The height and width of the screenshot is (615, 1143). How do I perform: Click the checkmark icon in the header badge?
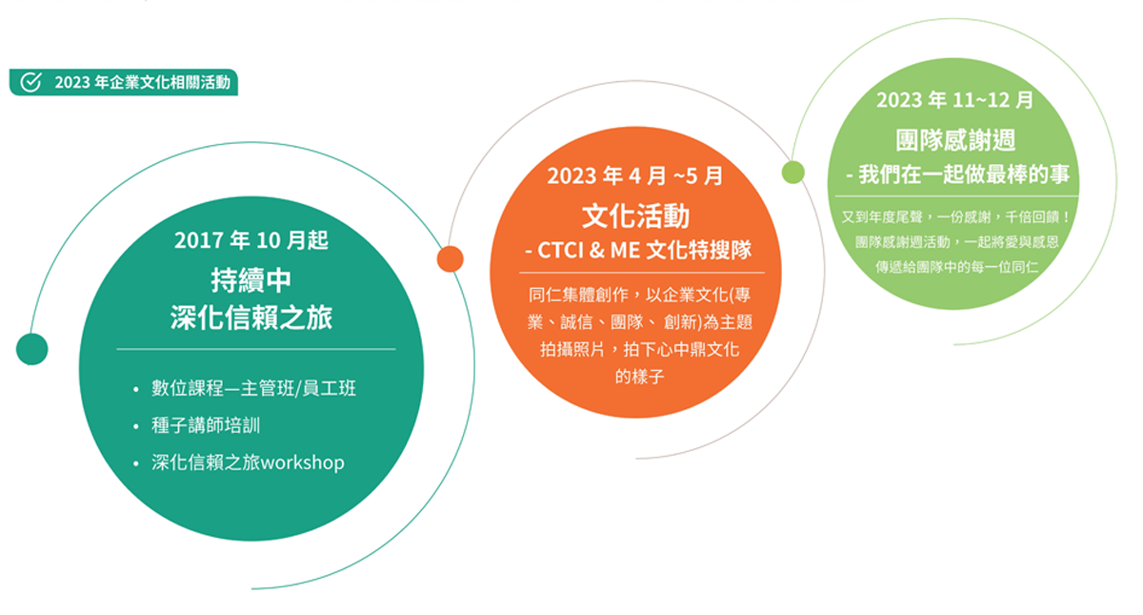pyautogui.click(x=30, y=82)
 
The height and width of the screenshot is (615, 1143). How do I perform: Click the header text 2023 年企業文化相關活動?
pyautogui.click(x=142, y=82)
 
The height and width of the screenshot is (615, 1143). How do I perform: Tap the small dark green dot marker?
pyautogui.click(x=31, y=349)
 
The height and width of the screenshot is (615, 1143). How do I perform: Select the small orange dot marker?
pyautogui.click(x=450, y=258)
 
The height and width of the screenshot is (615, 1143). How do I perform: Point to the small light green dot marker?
pyautogui.click(x=792, y=172)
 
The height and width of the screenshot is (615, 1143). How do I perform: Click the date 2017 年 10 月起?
pyautogui.click(x=251, y=240)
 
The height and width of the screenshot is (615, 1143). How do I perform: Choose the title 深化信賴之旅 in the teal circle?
pyautogui.click(x=251, y=318)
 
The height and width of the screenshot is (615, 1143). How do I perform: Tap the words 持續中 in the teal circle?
pyautogui.click(x=251, y=280)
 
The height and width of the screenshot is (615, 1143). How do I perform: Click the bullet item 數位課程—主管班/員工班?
pyautogui.click(x=253, y=388)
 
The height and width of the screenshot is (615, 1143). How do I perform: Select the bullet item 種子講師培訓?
pyautogui.click(x=206, y=425)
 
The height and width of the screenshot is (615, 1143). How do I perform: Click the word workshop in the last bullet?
pyautogui.click(x=303, y=462)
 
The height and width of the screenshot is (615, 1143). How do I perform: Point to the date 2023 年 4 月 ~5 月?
pyautogui.click(x=634, y=176)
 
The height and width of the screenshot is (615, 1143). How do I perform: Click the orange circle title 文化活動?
pyautogui.click(x=636, y=215)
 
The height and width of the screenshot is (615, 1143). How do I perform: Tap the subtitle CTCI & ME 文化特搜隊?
pyautogui.click(x=644, y=250)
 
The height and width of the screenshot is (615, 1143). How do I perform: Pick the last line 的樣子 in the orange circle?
pyautogui.click(x=639, y=377)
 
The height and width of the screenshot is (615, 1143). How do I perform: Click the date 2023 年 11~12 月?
pyautogui.click(x=954, y=99)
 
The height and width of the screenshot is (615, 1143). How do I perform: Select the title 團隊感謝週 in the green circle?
pyautogui.click(x=955, y=140)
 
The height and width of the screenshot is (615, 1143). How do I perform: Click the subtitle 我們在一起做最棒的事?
pyautogui.click(x=963, y=174)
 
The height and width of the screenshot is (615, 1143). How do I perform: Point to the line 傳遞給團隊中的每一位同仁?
pyautogui.click(x=956, y=267)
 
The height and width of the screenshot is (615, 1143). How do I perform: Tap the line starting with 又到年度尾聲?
pyautogui.click(x=955, y=217)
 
